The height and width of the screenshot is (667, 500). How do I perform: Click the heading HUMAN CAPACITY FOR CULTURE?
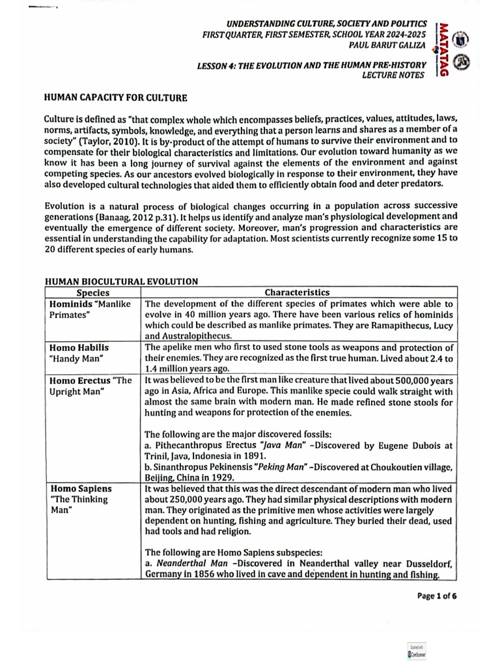tap(115, 98)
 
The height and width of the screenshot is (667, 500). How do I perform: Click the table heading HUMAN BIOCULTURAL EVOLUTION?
tap(120, 281)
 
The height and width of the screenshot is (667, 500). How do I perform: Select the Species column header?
tap(92, 293)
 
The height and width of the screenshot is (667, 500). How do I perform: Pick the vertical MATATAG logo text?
tap(443, 49)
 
